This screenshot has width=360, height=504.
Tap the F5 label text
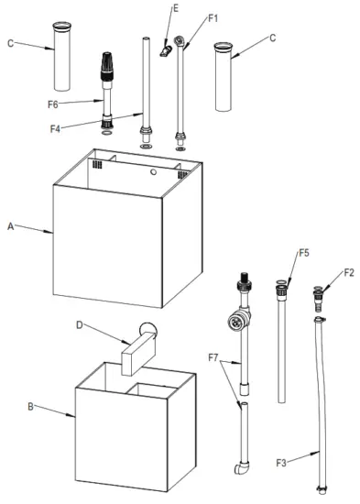[x=303, y=252]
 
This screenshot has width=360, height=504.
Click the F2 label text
[x=348, y=272]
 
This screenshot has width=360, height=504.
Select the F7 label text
[x=213, y=355]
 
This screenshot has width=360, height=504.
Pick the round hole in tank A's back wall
[x=152, y=170]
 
